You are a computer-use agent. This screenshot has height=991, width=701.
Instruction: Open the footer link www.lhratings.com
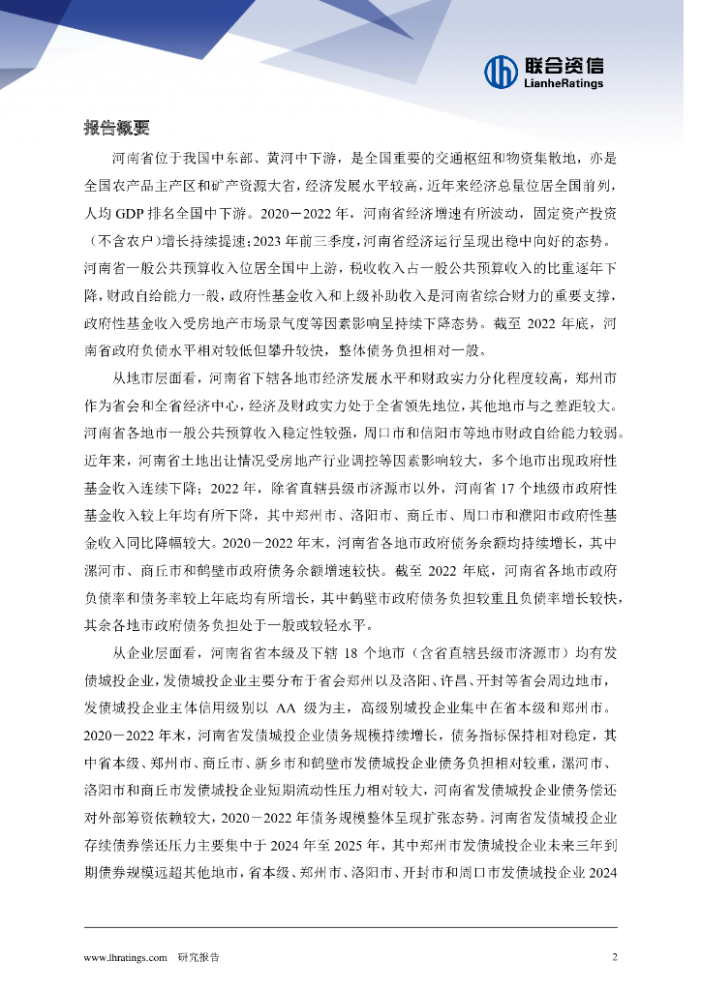point(127,957)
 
